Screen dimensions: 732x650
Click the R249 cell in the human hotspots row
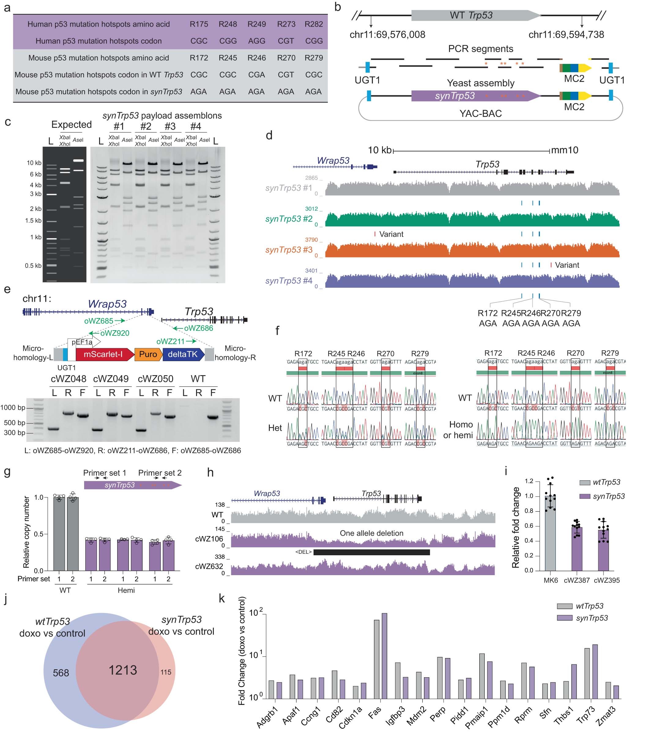[x=257, y=24]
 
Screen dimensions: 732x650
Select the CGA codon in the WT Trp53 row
[x=257, y=75]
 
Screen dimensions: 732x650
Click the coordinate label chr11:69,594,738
[x=566, y=35]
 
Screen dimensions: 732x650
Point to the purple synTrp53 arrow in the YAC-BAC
[x=473, y=96]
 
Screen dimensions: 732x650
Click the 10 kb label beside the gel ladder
[x=34, y=163]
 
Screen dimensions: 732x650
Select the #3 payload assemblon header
[x=170, y=126]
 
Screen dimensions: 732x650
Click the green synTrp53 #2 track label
[x=288, y=219]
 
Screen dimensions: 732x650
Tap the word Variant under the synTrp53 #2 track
[x=391, y=234]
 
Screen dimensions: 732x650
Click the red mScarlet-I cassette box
[x=104, y=354]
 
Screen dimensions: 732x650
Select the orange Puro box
[x=148, y=354]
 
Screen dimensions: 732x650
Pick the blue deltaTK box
[x=183, y=354]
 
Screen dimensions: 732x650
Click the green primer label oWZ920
[x=115, y=333]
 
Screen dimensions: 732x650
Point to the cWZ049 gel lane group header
[x=111, y=379]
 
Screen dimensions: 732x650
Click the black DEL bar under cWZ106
[x=371, y=552]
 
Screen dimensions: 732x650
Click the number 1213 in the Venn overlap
[x=123, y=670]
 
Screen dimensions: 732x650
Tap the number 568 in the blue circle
[x=61, y=673]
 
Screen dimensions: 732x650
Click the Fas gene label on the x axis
[x=375, y=713]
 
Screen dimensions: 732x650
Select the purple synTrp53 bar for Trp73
[x=595, y=672]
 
